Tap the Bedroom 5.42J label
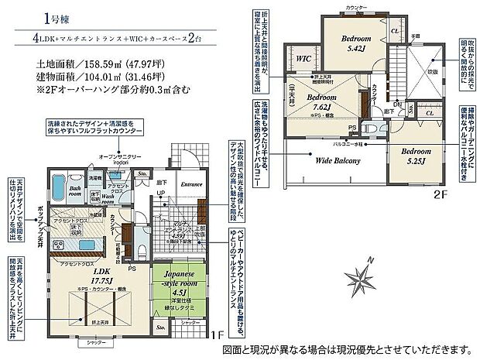358,43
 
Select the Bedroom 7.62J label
319,102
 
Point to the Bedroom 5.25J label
414,157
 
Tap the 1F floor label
218,336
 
